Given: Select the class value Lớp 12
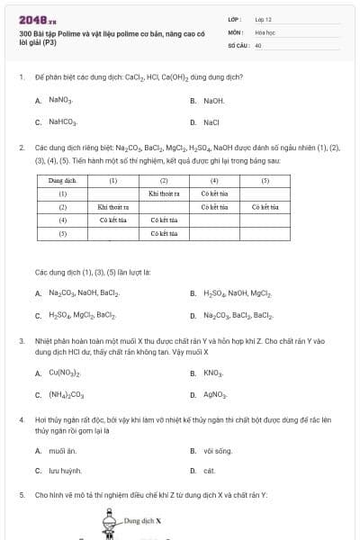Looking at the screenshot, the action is tap(263, 18).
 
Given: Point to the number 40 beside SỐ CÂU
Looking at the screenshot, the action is tap(258, 44).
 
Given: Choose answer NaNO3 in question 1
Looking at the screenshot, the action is tap(61, 101).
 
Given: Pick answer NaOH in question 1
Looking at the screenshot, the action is tap(213, 101).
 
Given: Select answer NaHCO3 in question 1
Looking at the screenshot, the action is tap(63, 122).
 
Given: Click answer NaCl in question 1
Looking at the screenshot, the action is tap(211, 122).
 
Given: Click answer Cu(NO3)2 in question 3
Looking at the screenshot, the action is tap(66, 373).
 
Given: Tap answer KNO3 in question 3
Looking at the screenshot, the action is tap(213, 373).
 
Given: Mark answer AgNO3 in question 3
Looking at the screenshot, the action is tap(215, 394).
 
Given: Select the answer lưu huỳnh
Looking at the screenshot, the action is tap(65, 470).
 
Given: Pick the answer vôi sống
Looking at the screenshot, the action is tap(218, 448).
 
